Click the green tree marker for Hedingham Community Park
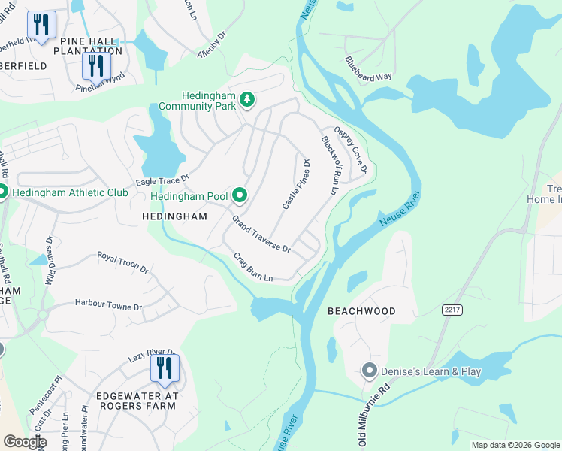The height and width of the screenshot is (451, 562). point(246,100)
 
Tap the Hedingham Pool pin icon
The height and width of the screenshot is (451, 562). point(240,196)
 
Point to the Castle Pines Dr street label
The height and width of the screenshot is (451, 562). point(296,184)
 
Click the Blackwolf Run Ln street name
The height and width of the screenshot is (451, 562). point(327,165)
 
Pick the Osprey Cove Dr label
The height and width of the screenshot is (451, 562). point(349,150)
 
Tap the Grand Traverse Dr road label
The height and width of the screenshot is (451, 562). point(261,234)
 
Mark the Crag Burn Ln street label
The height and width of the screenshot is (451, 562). point(252,267)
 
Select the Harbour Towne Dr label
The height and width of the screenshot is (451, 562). point(108,305)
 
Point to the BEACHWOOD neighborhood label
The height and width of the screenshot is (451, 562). point(361,310)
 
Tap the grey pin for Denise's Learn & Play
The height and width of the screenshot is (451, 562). point(369,371)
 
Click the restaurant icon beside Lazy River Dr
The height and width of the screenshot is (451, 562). point(162,368)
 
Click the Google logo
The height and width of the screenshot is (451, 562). point(25,442)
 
